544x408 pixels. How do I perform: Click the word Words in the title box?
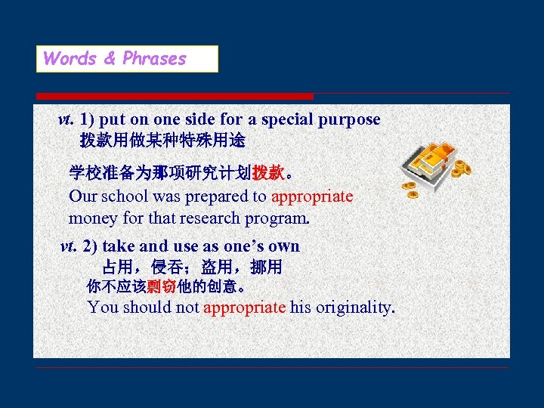tap(70, 59)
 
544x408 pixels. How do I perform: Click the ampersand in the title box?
tap(110, 59)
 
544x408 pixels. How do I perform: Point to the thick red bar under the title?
tap(175, 96)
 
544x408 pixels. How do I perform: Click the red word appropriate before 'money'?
tap(312, 196)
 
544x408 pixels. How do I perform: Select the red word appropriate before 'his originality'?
tap(244, 308)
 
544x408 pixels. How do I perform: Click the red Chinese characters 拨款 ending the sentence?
tap(268, 173)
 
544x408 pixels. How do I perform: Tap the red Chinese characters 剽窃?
tap(162, 287)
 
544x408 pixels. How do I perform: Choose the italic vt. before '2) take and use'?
tap(68, 246)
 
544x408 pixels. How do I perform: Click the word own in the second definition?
tap(283, 246)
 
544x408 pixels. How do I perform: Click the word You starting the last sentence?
tap(103, 308)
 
